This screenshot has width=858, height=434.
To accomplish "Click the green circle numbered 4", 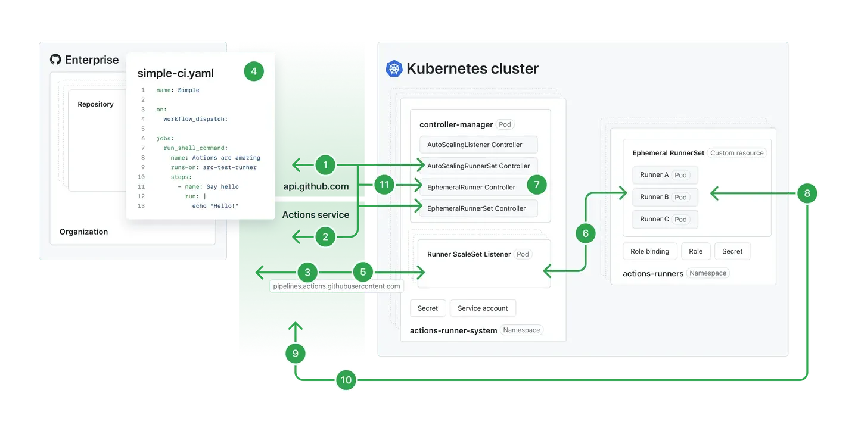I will point(254,71).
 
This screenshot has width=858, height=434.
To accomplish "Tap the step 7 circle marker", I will point(536,185).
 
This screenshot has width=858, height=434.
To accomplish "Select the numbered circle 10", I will point(346,380).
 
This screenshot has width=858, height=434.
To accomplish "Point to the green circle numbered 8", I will point(807,193).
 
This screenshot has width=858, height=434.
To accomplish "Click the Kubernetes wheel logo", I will point(394,68).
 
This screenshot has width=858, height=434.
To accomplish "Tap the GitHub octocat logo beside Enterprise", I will point(55,60).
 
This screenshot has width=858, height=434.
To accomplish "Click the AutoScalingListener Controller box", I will point(478,145).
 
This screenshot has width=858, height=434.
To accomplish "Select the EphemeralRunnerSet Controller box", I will point(478,208).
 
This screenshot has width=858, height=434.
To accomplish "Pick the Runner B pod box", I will point(664,197).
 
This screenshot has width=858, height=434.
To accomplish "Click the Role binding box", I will point(649,251).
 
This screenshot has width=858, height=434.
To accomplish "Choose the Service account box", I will point(483,308).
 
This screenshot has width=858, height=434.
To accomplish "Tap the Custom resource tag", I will point(736,153).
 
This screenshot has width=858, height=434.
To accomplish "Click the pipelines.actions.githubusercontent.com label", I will point(336,286).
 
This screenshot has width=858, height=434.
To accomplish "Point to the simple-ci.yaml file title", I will point(175,73).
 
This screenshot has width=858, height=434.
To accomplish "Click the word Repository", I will point(95,104).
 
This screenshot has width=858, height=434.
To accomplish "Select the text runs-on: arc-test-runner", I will point(213,167).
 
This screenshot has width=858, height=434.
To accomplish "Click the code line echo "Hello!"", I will point(215,206).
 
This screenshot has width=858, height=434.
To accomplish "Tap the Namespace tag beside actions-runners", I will point(708,273).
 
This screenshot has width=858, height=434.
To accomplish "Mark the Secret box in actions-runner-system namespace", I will point(427,308).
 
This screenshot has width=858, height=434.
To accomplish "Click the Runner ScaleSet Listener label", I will point(469,254).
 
